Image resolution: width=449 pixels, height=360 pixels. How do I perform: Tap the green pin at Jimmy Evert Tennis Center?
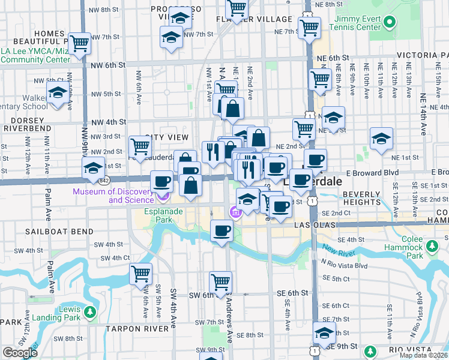pyautogui.click(x=390, y=23)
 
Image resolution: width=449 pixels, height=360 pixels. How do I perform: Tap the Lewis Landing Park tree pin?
pyautogui.click(x=89, y=312)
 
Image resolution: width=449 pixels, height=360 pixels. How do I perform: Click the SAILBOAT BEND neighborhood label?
pyautogui.click(x=59, y=231)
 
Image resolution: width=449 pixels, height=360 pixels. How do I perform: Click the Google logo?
pyautogui.click(x=19, y=353)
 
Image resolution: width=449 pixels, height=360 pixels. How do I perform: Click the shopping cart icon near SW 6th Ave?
pyautogui.click(x=140, y=274)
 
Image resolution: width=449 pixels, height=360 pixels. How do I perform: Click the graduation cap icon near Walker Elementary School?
pyautogui.click(x=57, y=94)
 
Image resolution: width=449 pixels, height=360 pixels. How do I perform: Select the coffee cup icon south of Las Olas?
pyautogui.click(x=221, y=230)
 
